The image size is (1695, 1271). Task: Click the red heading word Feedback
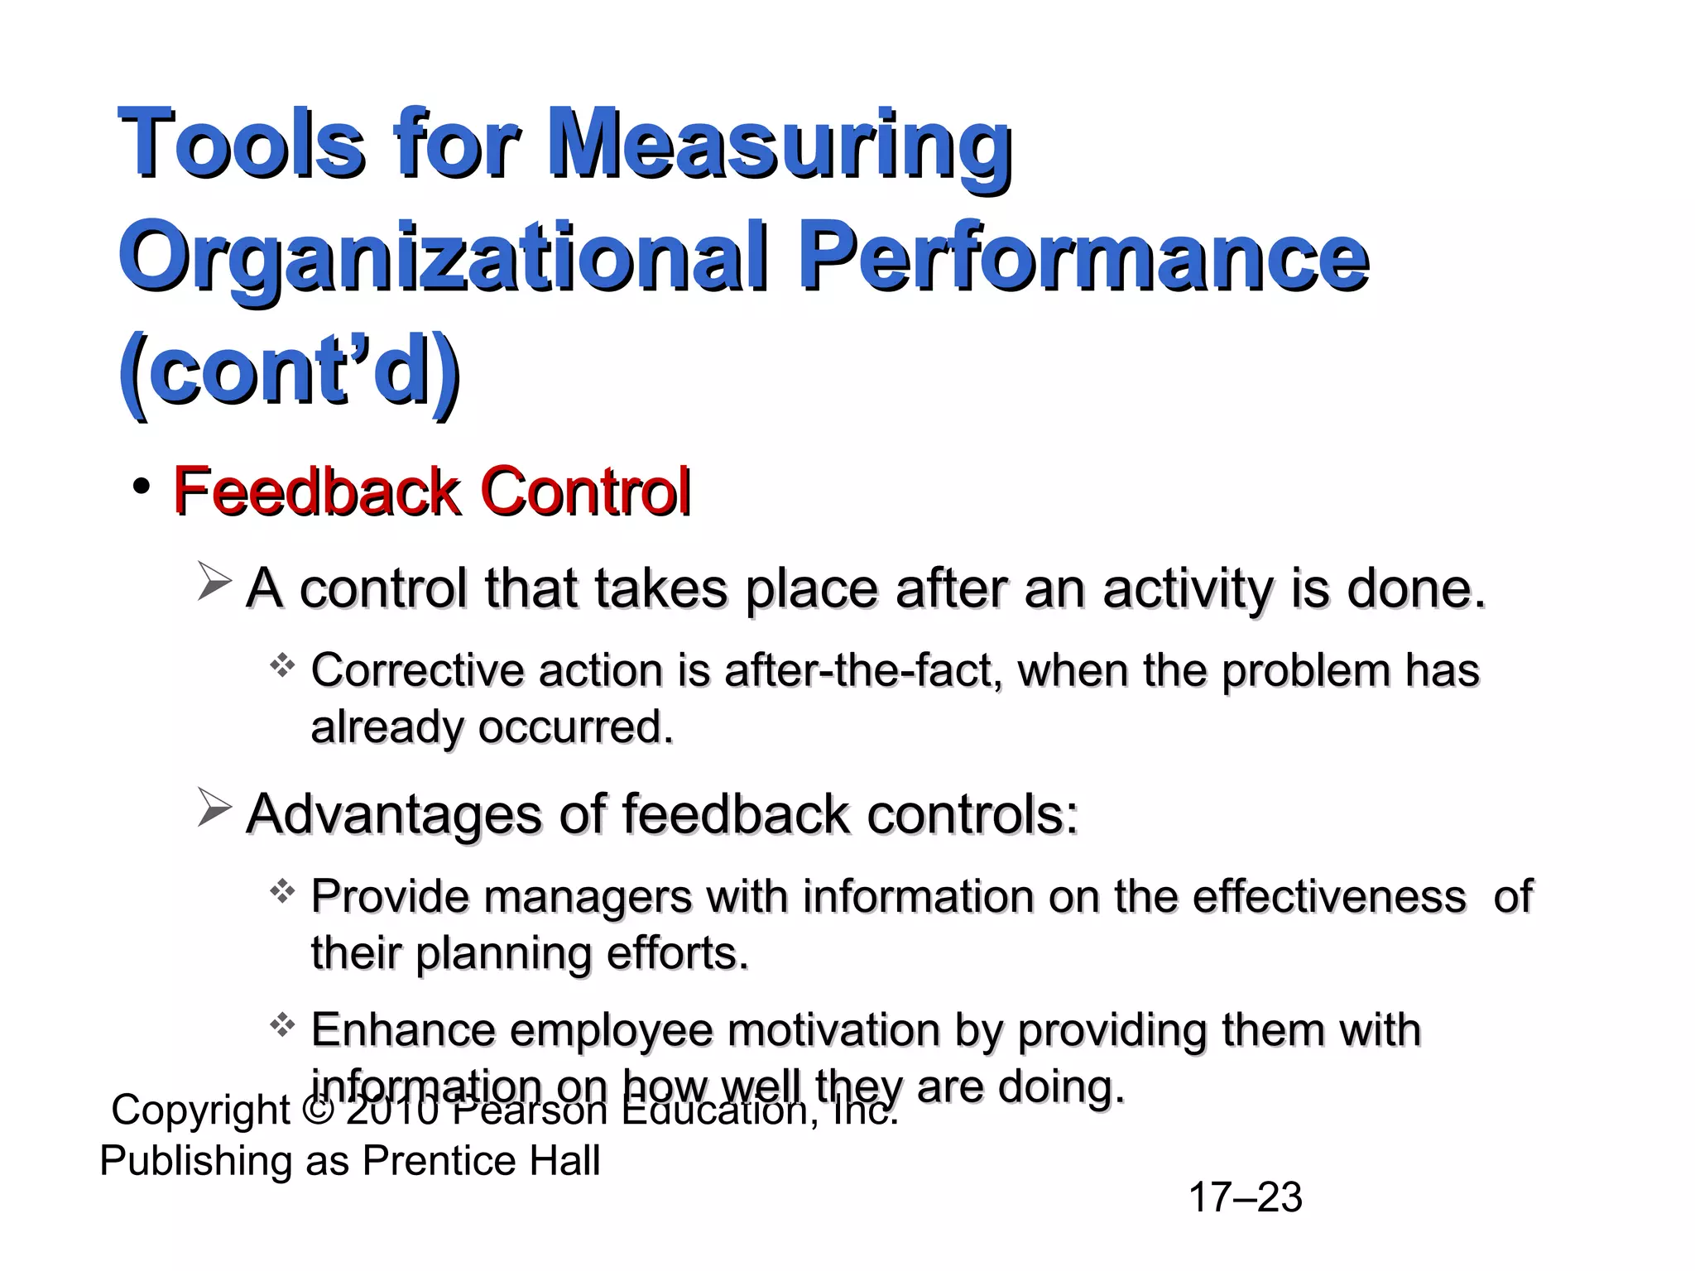[315, 492]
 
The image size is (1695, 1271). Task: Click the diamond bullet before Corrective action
[282, 665]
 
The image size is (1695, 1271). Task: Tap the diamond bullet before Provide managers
[282, 891]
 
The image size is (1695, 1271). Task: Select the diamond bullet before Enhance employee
[282, 1026]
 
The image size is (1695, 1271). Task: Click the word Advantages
[394, 815]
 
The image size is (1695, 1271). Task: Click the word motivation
[833, 1031]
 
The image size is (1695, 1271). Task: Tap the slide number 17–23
[1245, 1197]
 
